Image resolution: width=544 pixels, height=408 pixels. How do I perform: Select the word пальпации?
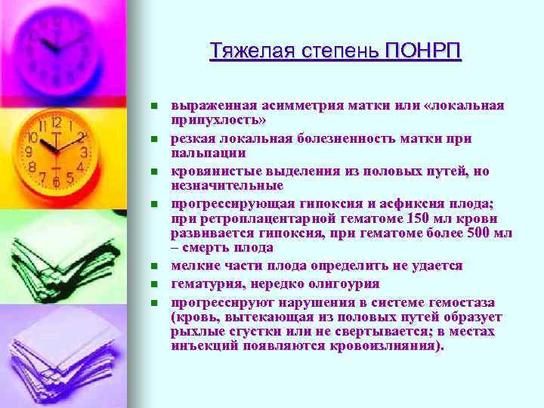pos(203,152)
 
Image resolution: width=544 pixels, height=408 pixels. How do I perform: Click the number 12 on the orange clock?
pos(55,122)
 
